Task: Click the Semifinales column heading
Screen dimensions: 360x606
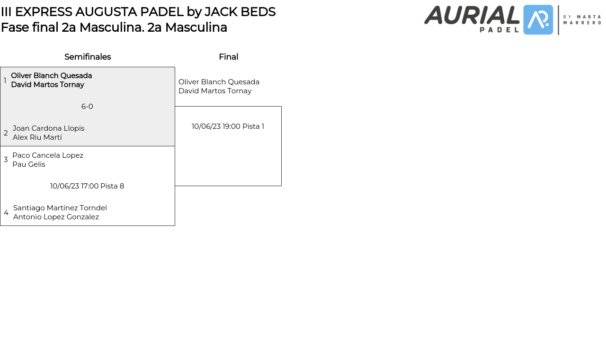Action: coord(88,57)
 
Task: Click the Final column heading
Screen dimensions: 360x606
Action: coord(228,57)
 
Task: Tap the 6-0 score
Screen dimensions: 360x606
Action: coord(87,107)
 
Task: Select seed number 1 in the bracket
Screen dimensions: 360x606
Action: coord(5,81)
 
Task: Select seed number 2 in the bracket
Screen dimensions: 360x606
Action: coord(6,133)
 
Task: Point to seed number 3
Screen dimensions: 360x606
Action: coord(6,160)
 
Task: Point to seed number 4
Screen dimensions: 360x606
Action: coord(6,213)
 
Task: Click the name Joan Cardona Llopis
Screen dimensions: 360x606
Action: coord(48,128)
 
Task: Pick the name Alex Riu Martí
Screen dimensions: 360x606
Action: coord(37,137)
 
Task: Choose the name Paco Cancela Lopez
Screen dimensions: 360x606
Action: coord(48,155)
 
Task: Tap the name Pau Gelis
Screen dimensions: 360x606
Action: coord(29,164)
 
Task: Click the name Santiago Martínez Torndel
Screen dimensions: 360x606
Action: coord(60,208)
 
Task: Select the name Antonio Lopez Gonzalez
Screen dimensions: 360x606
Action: coord(56,217)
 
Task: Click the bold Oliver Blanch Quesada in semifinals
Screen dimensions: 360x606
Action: coord(52,76)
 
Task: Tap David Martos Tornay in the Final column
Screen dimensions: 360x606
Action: coord(215,91)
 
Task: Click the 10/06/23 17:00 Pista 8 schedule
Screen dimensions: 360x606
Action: coord(87,186)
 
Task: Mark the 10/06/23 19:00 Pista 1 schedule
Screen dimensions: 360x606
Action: coord(228,126)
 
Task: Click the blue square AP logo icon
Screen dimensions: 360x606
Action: coord(538,20)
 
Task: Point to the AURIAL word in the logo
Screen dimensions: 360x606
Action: coord(472,15)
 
